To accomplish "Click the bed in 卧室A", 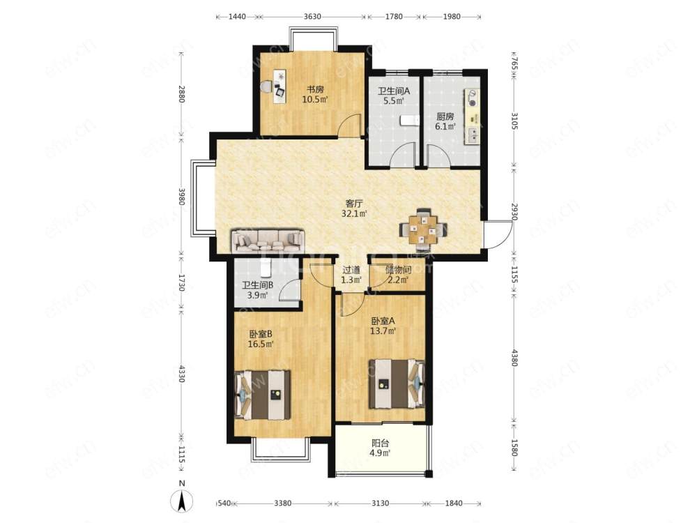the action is click(397, 384).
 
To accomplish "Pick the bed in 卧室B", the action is click(263, 395).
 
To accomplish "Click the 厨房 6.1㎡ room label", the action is click(445, 121).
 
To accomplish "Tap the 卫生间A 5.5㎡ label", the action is click(394, 96).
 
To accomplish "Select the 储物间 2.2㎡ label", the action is click(398, 275).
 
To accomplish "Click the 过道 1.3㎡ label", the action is click(351, 275).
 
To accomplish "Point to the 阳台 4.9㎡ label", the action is click(381, 448).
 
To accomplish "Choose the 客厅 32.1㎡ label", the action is click(354, 209).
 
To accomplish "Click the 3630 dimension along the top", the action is click(312, 17).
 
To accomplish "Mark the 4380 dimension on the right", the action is click(514, 358).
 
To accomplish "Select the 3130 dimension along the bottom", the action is click(380, 503).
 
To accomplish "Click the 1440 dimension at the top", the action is click(237, 17).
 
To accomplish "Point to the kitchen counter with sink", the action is click(472, 116).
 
